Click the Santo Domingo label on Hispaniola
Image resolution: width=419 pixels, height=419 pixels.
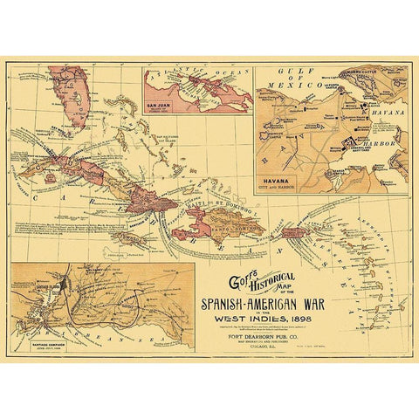[x=231, y=229]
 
